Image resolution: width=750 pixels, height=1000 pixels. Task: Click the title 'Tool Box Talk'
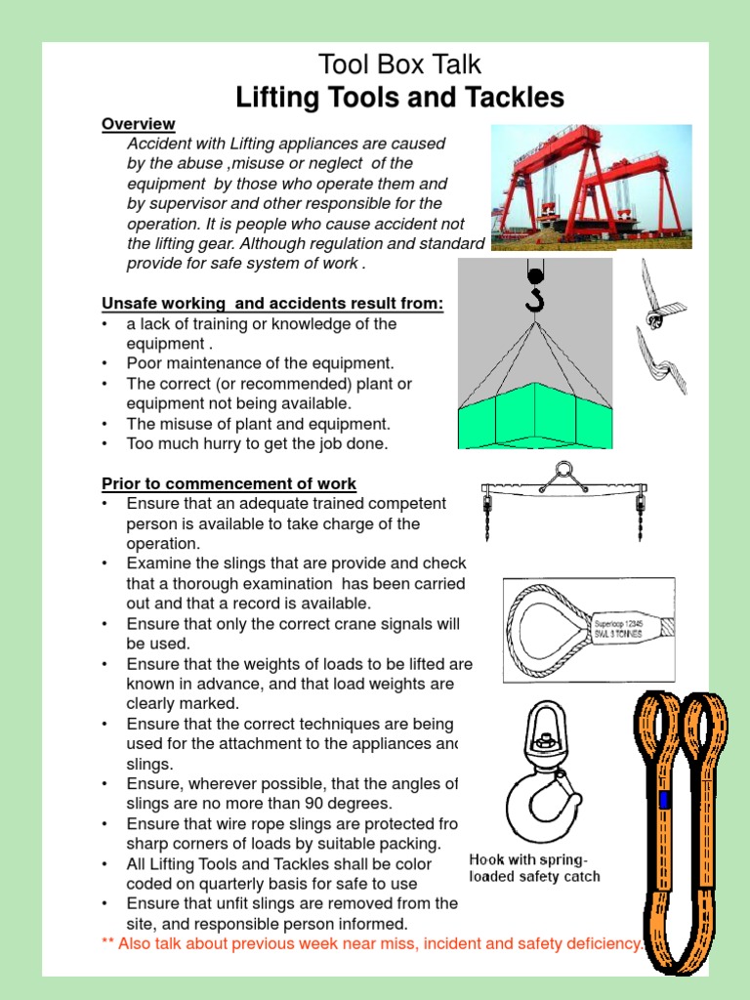pos(399,65)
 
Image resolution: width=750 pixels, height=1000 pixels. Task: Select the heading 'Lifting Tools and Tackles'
pos(399,98)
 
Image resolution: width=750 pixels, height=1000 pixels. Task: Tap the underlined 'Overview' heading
pos(139,124)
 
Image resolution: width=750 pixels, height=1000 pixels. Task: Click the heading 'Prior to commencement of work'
pos(229,483)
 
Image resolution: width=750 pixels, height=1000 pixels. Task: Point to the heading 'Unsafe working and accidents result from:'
pos(272,304)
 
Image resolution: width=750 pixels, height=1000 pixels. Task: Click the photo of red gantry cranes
pos(591,187)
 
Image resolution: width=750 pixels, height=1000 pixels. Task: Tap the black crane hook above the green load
pos(534,292)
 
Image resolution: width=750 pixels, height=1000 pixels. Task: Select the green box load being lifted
pos(534,415)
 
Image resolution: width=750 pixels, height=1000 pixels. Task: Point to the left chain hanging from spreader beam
pos(486,518)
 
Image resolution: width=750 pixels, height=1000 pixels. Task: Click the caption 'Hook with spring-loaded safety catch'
pos(534,868)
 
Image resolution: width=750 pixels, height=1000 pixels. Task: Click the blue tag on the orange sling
pos(665,801)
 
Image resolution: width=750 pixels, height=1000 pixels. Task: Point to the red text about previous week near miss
pos(372,943)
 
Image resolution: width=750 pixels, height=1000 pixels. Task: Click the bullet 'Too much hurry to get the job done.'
pos(257,443)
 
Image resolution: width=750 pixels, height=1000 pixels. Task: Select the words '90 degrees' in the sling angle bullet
pos(353,803)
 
